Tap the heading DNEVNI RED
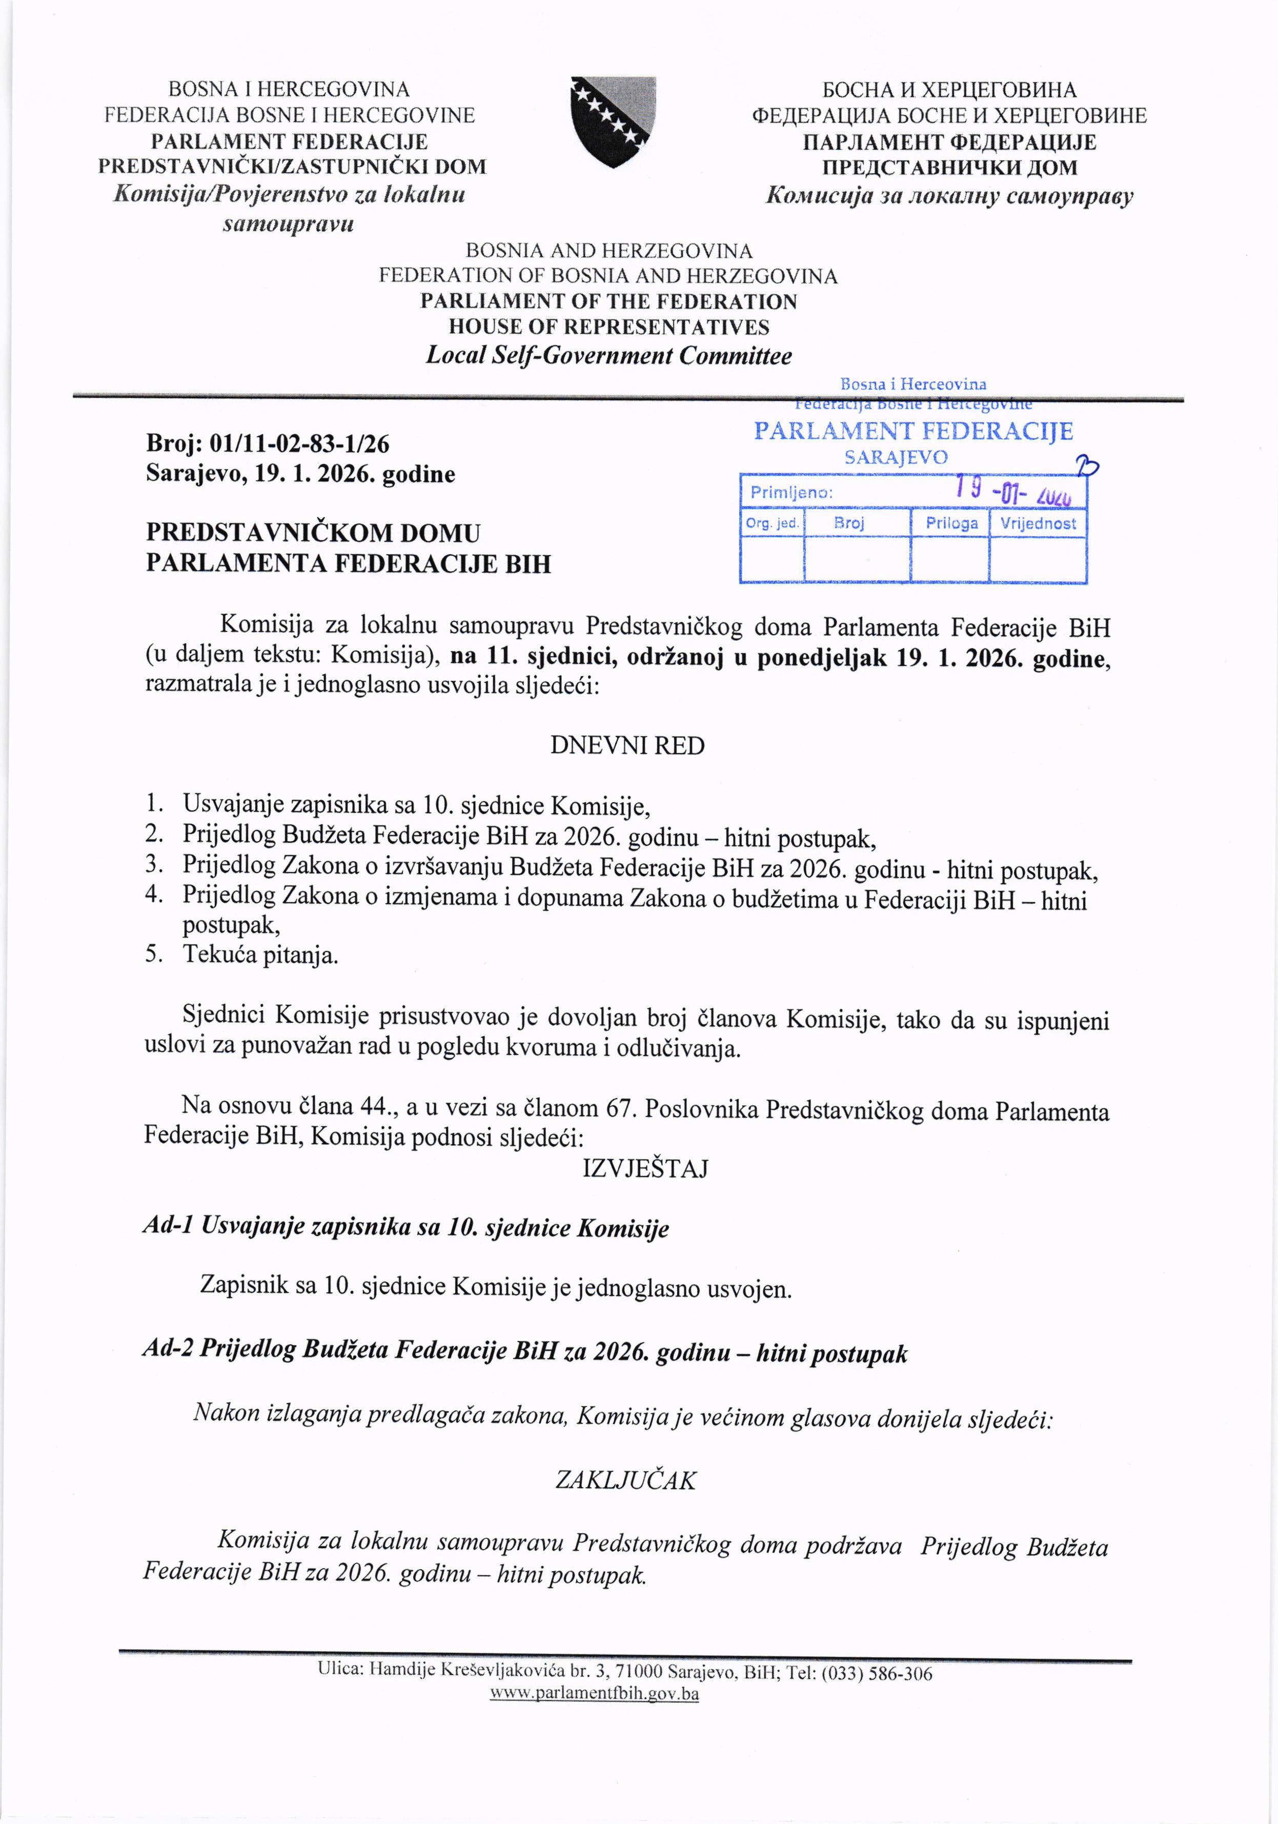[x=627, y=746]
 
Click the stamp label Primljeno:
[x=791, y=493]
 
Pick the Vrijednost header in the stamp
[x=1038, y=523]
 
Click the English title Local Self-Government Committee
[x=608, y=355]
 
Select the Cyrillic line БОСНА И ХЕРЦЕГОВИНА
[x=949, y=90]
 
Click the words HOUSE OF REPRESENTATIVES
[x=608, y=327]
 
